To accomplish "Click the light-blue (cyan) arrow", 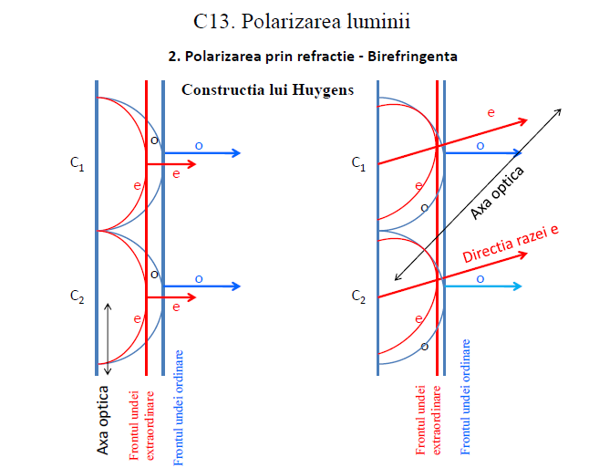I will (483, 286).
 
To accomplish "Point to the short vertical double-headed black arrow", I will (108, 338).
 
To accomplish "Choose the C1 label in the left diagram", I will (77, 164).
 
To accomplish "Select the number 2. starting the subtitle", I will (174, 56).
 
